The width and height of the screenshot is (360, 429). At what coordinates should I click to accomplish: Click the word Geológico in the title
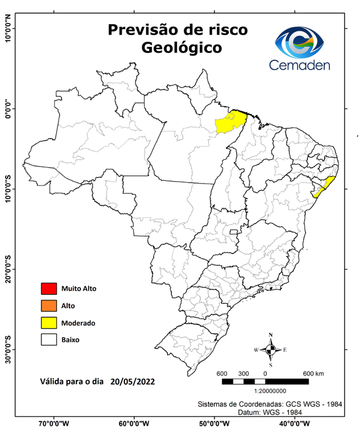(181, 47)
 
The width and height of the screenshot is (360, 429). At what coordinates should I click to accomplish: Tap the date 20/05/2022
(132, 383)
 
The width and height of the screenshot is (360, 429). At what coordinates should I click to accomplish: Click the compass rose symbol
(271, 350)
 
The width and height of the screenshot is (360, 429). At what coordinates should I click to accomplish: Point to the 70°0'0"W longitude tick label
(54, 423)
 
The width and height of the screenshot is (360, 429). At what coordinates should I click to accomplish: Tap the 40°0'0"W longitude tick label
(295, 423)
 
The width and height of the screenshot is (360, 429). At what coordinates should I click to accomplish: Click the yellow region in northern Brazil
(230, 122)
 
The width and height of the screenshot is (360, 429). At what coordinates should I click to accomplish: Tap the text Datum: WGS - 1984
(306, 412)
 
